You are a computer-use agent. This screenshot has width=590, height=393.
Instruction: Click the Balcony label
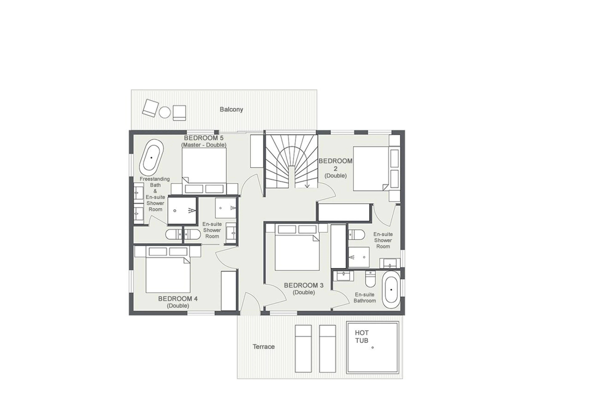coord(231,109)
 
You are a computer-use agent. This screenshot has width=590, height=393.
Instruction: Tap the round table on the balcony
coord(165,112)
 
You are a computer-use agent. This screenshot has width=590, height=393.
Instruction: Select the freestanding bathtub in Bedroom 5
coord(151,157)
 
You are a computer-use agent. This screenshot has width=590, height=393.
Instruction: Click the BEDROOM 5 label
coord(204,138)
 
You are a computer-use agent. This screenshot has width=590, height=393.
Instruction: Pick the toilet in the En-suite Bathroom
coord(370,279)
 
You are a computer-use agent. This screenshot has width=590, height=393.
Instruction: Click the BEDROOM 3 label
coord(304,285)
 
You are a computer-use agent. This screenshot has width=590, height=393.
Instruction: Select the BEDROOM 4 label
coord(178,299)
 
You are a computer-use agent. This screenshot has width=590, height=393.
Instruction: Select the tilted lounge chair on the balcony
coord(150,108)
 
